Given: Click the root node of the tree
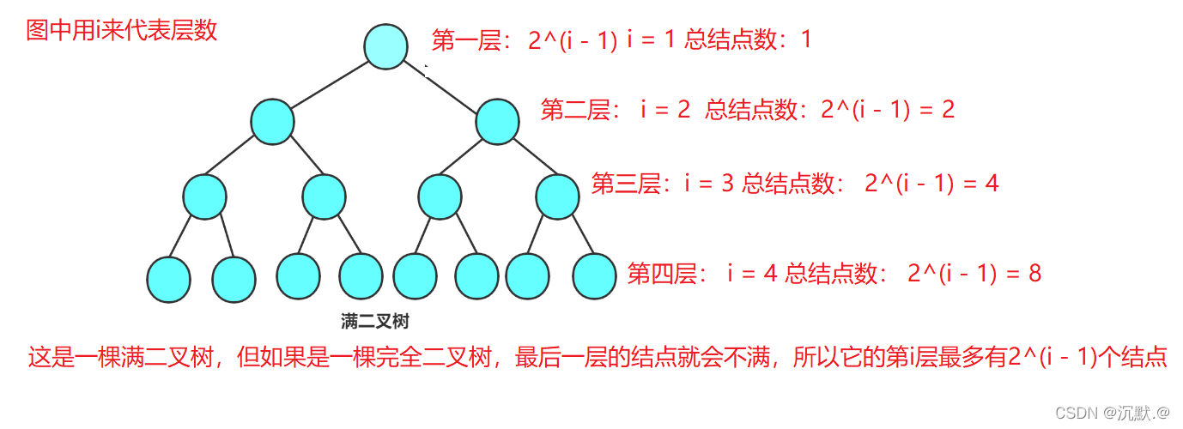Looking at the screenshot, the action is pyautogui.click(x=385, y=46).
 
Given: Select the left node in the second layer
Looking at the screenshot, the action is pyautogui.click(x=273, y=121).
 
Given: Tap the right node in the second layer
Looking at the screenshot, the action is pyautogui.click(x=497, y=121).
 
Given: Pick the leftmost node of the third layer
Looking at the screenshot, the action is pyautogui.click(x=204, y=196).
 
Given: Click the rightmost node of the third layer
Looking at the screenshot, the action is pyautogui.click(x=558, y=196).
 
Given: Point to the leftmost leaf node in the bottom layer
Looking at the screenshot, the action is pyautogui.click(x=168, y=279).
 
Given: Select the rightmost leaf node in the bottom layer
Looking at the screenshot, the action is pyautogui.click(x=595, y=277).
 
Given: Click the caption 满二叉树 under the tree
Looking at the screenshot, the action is pyautogui.click(x=375, y=323).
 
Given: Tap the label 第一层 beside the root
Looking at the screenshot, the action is pyautogui.click(x=466, y=40).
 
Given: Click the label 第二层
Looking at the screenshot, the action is pyautogui.click(x=575, y=110).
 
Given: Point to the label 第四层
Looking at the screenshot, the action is pyautogui.click(x=662, y=274).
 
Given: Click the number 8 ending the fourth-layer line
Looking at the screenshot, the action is pyautogui.click(x=1034, y=274).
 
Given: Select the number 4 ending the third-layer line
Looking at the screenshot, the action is pyautogui.click(x=992, y=183).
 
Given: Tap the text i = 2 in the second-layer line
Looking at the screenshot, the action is pyautogui.click(x=665, y=110).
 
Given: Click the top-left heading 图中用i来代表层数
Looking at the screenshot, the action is pyautogui.click(x=122, y=31).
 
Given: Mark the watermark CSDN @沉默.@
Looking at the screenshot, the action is pyautogui.click(x=1113, y=412).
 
